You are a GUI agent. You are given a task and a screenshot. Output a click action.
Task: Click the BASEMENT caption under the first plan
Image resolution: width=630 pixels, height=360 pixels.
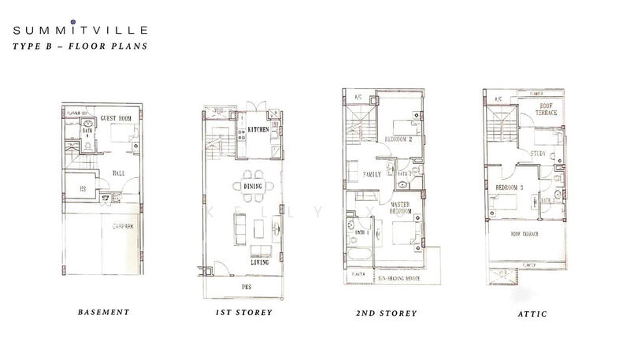102,313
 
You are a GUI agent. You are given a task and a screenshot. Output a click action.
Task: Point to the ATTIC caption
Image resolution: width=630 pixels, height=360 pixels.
525,313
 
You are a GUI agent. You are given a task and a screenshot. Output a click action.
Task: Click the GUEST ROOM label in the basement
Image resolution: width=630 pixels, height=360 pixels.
113,118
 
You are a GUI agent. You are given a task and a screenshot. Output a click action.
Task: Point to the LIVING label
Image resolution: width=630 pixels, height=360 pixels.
260,262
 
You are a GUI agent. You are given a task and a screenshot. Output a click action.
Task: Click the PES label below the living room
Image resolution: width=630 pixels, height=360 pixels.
246,287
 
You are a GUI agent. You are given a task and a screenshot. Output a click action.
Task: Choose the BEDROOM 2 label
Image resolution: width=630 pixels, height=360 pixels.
399,139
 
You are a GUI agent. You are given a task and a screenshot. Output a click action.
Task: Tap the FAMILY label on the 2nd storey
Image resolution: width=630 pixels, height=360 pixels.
370,173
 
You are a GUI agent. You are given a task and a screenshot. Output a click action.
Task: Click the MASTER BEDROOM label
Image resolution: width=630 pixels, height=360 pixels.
404,209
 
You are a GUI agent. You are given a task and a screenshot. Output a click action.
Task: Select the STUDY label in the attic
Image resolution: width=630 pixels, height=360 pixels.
539,153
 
